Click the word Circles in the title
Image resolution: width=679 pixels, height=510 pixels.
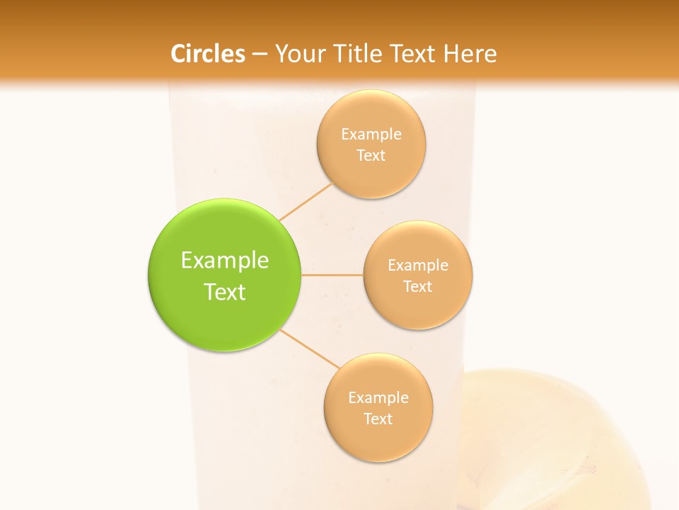208,54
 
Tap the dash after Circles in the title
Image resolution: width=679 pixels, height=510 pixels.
260,54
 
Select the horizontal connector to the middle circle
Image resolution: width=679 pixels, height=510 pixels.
332,275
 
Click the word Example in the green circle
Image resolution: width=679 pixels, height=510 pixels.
225,260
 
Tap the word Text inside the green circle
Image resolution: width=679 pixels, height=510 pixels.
225,292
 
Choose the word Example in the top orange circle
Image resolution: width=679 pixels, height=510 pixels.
371,134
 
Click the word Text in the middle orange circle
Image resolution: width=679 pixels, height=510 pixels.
417,286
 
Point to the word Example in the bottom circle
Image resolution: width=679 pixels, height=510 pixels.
378,397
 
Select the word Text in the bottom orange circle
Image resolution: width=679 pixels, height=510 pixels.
378,419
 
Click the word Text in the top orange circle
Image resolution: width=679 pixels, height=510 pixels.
371,155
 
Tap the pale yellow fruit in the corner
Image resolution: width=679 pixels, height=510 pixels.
559,439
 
